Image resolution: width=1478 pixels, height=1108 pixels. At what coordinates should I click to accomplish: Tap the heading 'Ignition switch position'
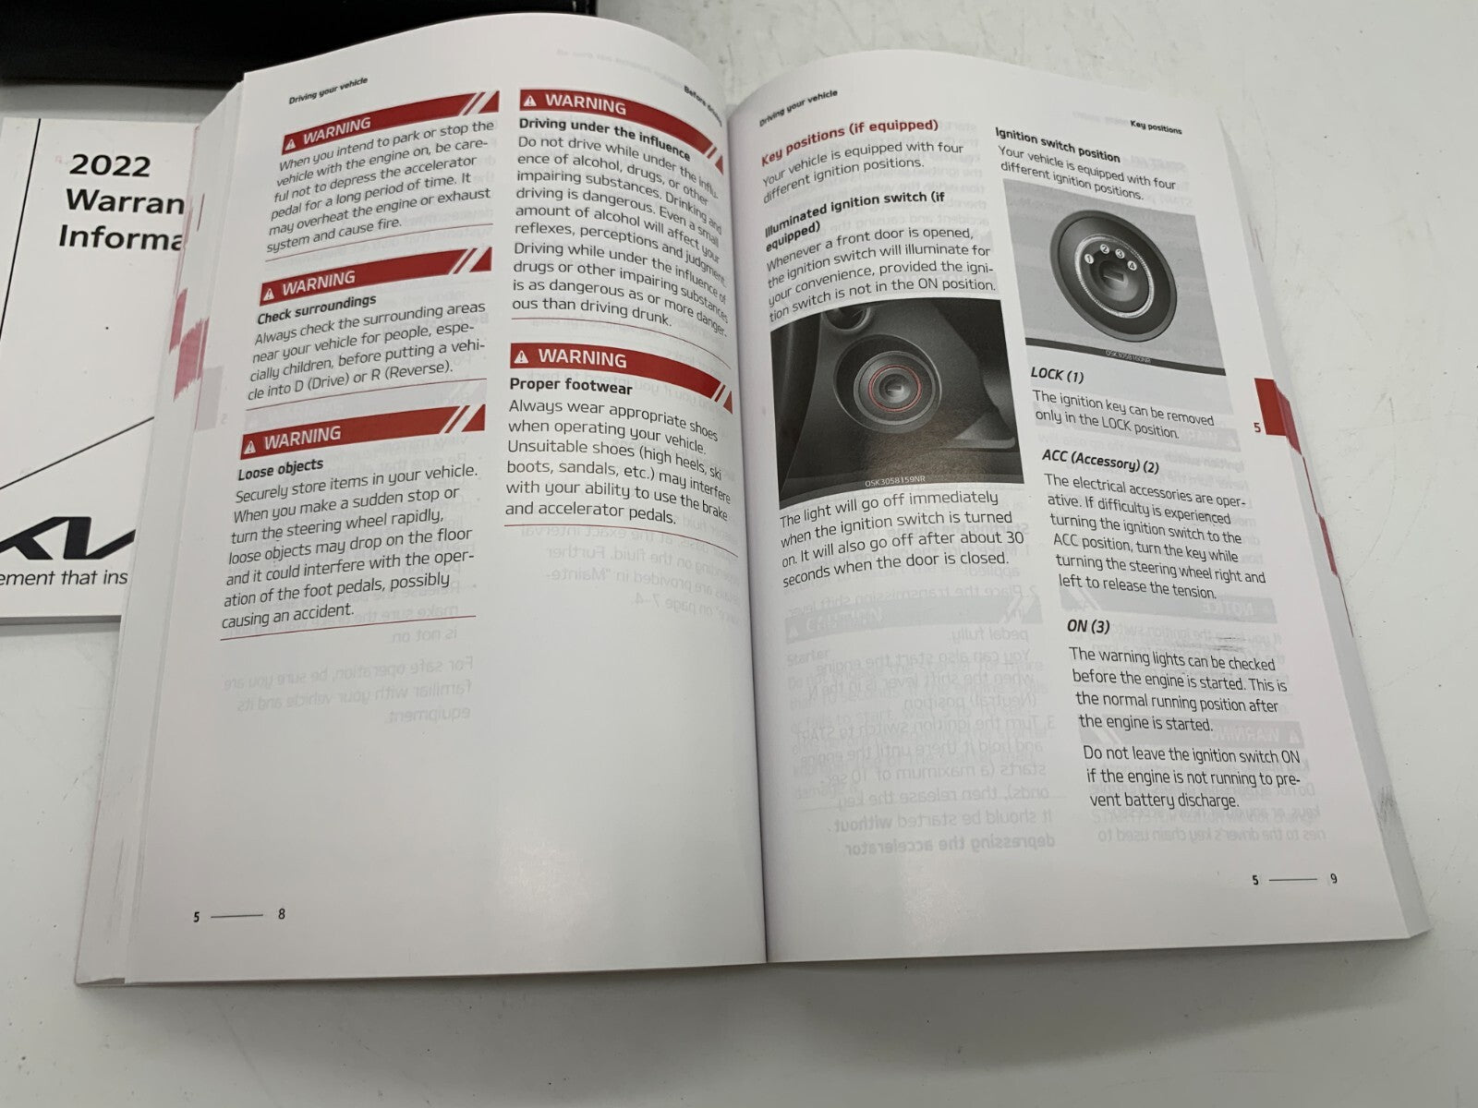point(1057,145)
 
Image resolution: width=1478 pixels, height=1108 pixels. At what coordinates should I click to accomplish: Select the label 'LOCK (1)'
point(1058,376)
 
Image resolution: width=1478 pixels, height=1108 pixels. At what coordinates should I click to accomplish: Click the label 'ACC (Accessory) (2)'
point(1099,460)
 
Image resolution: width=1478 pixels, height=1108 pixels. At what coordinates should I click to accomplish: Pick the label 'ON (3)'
point(1088,626)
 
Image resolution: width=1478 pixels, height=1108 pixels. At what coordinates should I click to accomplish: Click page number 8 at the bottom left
point(282,914)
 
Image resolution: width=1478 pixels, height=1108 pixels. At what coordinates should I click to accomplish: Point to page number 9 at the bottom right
point(1333,879)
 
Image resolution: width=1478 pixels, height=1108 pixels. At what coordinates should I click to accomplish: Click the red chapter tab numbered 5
point(1257,427)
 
